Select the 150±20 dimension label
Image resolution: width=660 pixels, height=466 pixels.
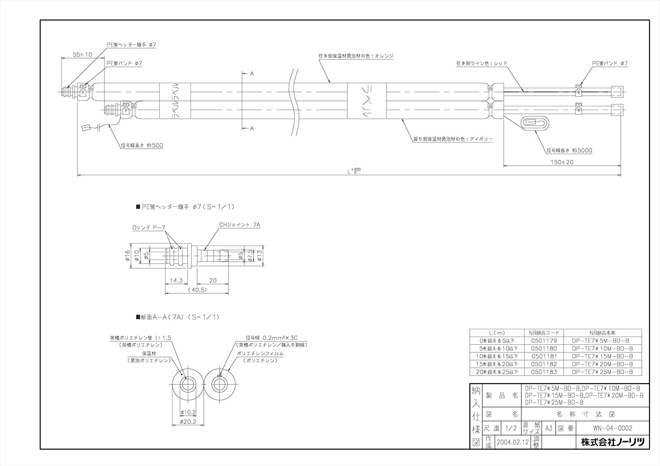pos(562,162)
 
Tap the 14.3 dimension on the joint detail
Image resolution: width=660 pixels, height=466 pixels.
pos(177,280)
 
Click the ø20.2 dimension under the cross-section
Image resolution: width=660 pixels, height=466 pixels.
pos(187,422)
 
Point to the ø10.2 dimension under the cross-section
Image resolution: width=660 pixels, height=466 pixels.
pos(188,412)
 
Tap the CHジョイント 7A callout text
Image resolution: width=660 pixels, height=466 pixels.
pos(240,225)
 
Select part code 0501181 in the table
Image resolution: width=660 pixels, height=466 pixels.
pos(544,356)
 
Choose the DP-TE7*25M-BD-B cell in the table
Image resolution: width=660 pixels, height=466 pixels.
pos(602,372)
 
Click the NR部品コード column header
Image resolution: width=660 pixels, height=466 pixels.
pos(544,333)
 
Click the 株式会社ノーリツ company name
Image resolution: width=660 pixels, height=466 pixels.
pos(612,442)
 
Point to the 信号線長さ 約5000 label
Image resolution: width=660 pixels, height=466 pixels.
pos(569,150)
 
